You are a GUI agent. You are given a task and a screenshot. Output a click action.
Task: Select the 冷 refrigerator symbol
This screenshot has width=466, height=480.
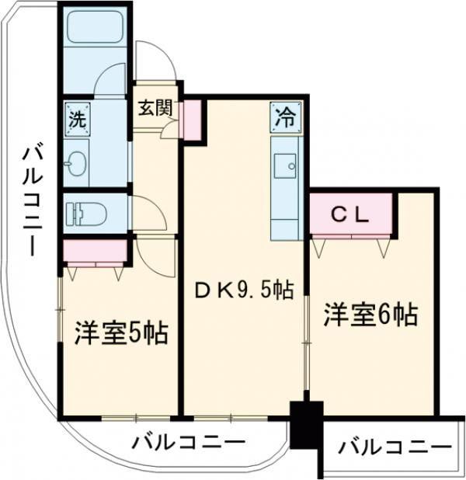pos(286,118)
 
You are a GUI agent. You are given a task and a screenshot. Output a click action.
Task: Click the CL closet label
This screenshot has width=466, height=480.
pos(350,214)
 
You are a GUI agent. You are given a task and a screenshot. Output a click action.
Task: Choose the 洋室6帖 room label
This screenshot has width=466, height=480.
pos(371,315)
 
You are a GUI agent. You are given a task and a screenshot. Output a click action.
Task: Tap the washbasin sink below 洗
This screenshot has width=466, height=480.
pos(78,164)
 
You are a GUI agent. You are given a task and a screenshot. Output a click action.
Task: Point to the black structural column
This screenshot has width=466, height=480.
pos(305,425)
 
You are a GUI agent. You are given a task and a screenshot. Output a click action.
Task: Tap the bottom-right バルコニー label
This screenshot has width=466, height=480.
pos(395,447)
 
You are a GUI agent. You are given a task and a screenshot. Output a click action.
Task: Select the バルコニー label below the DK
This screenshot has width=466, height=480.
pos(188,443)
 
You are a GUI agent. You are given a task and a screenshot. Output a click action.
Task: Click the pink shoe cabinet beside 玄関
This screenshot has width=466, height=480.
pos(191,119)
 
